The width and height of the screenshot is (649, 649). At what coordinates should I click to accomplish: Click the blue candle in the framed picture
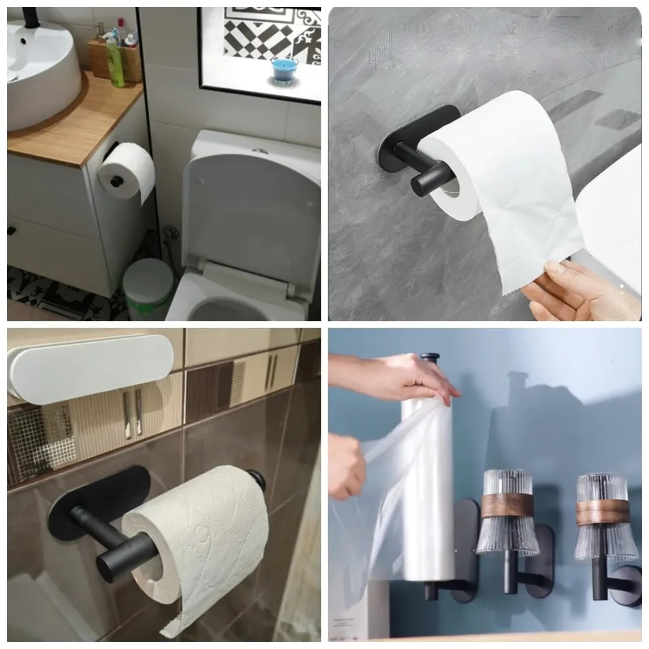283,69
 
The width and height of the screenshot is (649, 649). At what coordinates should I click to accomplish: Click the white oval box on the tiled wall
91,367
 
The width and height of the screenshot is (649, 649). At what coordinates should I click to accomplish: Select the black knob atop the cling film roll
429,359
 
